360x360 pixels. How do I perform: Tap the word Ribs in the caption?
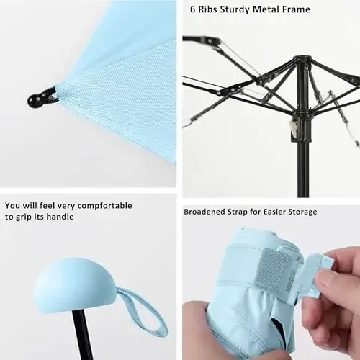click(x=211, y=10)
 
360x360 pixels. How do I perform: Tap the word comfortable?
click(x=104, y=206)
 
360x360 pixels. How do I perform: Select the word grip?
click(x=31, y=216)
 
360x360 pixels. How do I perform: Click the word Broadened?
click(x=209, y=212)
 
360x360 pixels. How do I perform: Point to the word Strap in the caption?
click(x=248, y=212)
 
